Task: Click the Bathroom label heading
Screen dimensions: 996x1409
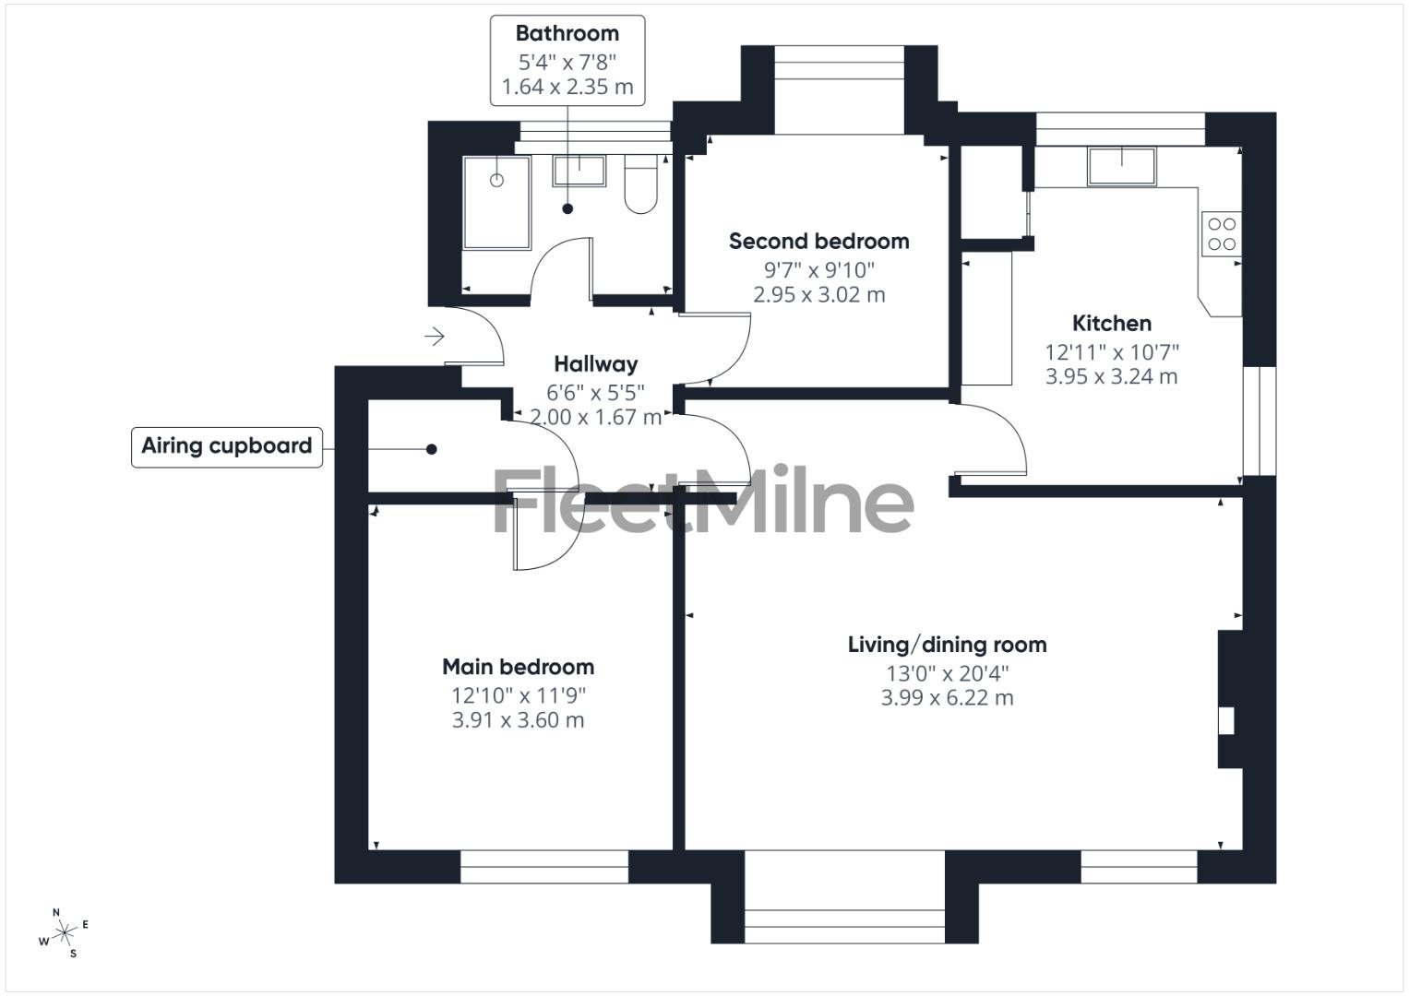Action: tap(567, 34)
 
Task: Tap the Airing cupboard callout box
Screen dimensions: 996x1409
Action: tap(227, 446)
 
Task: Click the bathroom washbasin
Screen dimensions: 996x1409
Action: tap(579, 171)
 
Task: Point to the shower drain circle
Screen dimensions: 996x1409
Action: tap(496, 180)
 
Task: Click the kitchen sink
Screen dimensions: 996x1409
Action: tap(1122, 166)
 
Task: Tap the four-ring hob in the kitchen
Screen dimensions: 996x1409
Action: tap(1222, 234)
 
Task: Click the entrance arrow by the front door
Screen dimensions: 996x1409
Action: tap(434, 337)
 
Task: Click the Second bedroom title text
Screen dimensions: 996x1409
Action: tap(818, 242)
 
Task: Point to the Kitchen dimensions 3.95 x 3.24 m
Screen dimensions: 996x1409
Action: tap(1111, 376)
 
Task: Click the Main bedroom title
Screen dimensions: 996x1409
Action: tap(518, 667)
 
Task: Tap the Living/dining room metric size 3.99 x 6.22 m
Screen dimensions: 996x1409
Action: tap(947, 698)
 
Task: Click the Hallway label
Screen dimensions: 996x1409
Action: tap(595, 364)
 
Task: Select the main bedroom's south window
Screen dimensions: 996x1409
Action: tap(544, 867)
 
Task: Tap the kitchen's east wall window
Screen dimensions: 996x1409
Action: tap(1259, 421)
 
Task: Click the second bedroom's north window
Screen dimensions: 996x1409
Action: tap(838, 65)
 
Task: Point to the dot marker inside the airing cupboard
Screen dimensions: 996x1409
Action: tap(431, 450)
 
